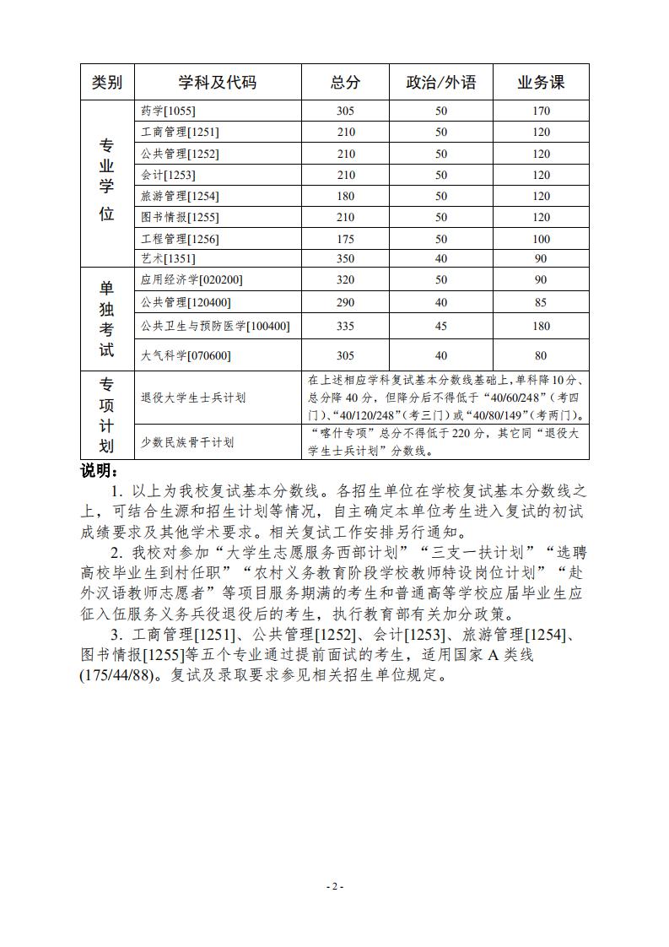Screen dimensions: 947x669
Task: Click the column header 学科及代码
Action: click(x=217, y=82)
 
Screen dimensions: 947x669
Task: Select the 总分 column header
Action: click(x=345, y=82)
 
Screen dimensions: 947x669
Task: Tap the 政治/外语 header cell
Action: click(x=440, y=82)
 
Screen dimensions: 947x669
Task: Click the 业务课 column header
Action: click(x=541, y=82)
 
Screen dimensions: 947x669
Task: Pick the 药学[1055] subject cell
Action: click(x=168, y=111)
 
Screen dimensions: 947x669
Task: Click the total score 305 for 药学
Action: click(x=345, y=111)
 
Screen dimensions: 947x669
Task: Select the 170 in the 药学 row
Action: click(x=541, y=111)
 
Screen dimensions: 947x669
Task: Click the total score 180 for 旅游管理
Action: click(x=345, y=196)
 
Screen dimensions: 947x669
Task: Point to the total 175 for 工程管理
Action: click(x=345, y=239)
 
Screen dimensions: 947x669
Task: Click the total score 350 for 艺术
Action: click(x=345, y=259)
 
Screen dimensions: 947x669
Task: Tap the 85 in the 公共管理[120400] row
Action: click(x=541, y=302)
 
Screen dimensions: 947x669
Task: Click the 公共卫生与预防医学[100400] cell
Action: click(x=215, y=326)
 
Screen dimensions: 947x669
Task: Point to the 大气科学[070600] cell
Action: click(x=186, y=355)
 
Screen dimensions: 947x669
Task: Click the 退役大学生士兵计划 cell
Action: click(x=193, y=398)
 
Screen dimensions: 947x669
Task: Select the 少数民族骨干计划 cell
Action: click(x=187, y=442)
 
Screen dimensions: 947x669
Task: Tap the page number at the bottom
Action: click(x=334, y=887)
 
